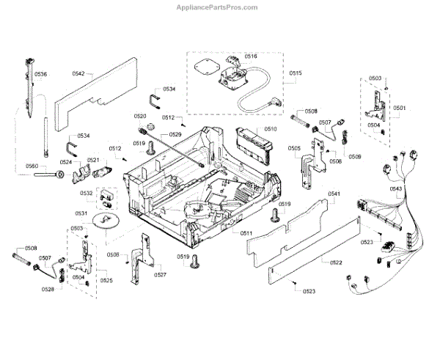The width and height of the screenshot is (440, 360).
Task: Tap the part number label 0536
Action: (40, 74)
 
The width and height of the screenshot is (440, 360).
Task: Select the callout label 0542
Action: (79, 73)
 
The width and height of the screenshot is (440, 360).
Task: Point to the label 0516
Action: (251, 56)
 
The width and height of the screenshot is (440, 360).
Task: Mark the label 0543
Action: (396, 189)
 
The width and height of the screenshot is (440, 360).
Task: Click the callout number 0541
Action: (334, 194)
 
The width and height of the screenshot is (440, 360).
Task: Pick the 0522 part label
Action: (336, 262)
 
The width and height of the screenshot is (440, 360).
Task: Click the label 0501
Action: (399, 108)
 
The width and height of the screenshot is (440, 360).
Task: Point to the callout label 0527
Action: (160, 274)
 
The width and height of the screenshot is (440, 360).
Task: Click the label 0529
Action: (175, 135)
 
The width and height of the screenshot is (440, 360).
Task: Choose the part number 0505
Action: (294, 149)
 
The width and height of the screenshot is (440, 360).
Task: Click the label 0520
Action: (140, 117)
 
